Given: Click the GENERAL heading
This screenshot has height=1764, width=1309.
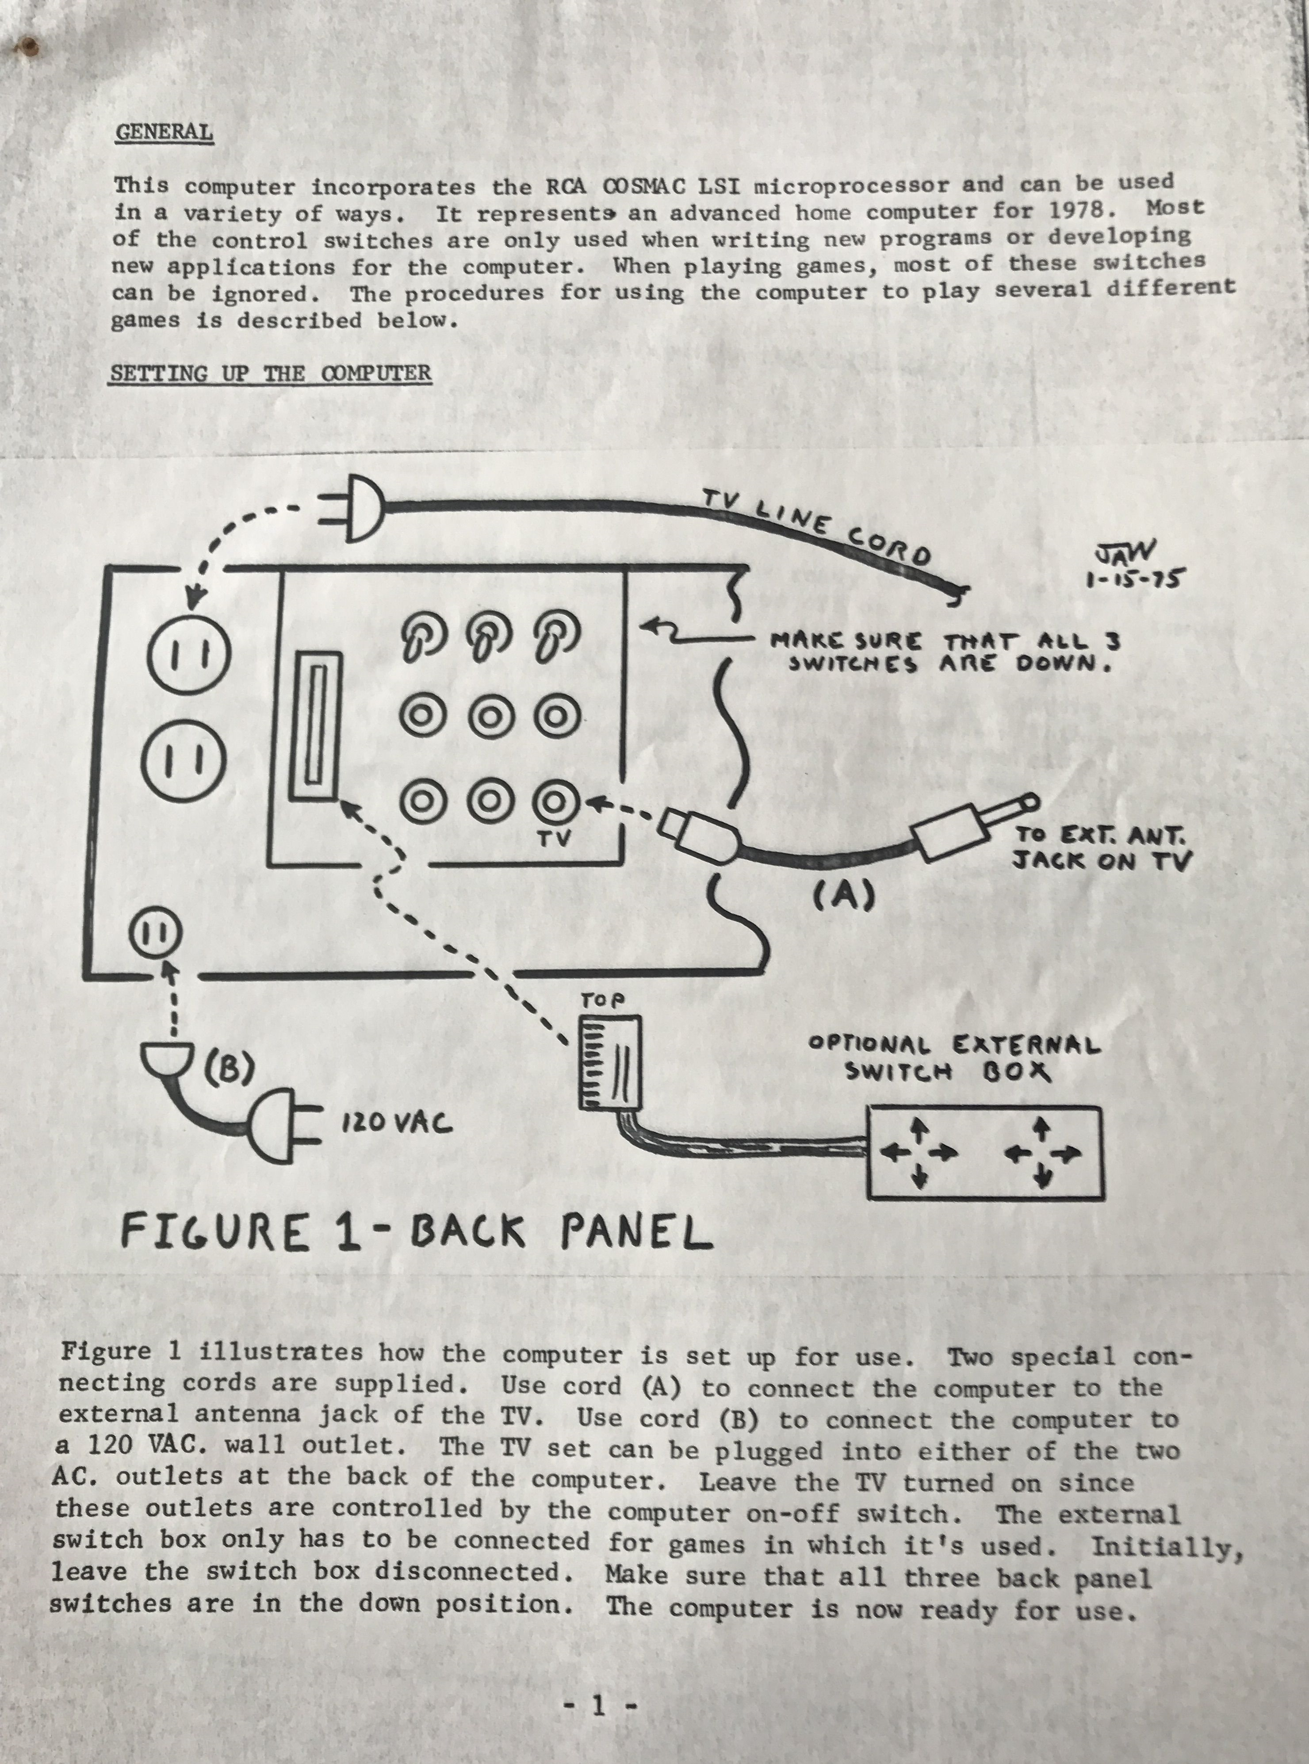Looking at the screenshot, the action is pos(164,131).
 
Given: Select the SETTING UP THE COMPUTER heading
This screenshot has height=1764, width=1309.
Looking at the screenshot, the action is pos(270,373).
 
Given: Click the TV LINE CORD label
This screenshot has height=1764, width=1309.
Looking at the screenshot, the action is pos(816,527).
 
